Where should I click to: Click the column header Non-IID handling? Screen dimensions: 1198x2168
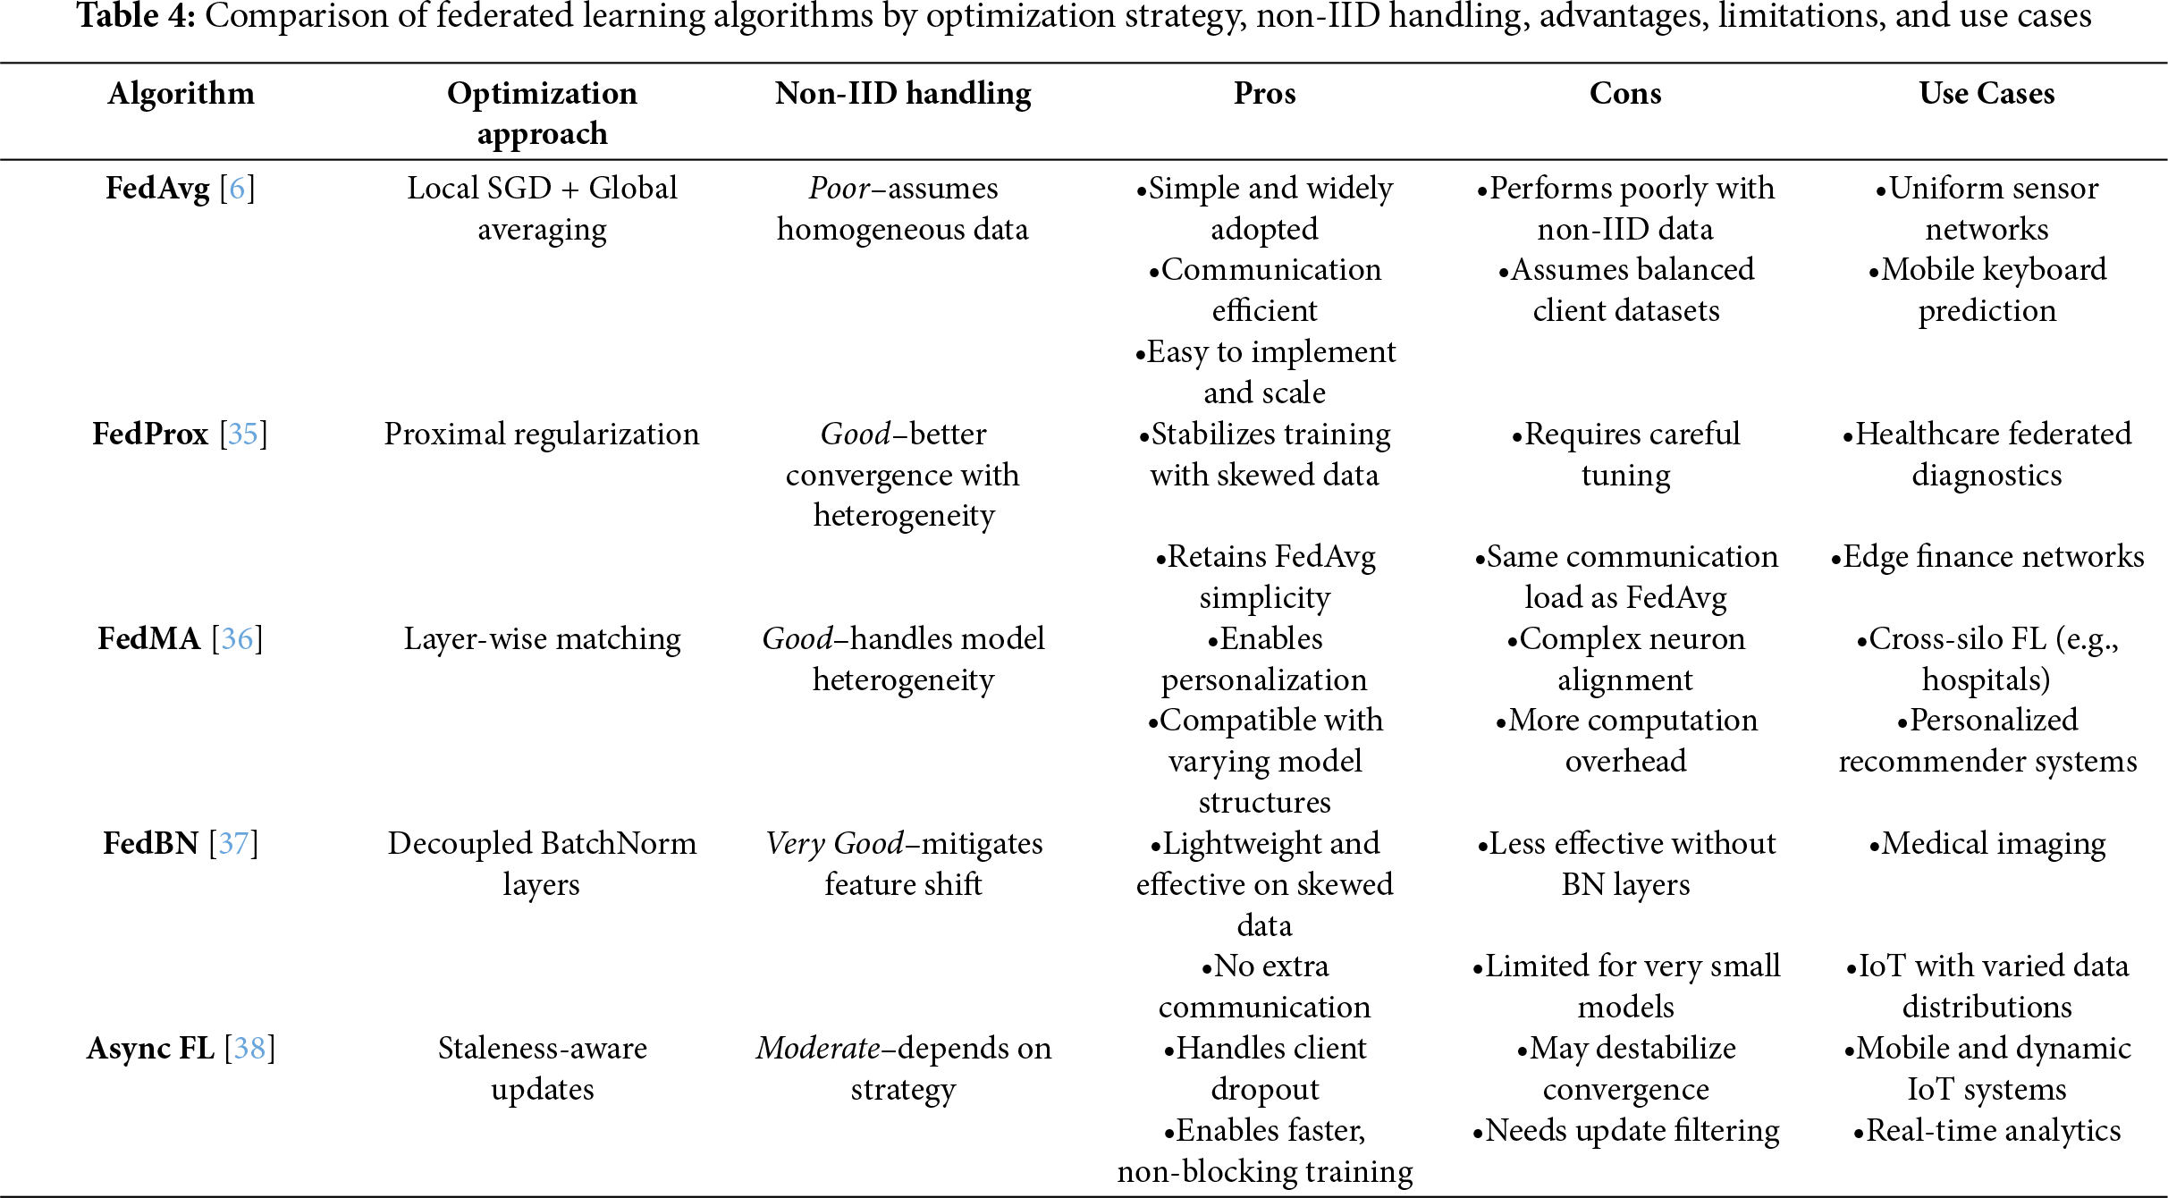coord(903,94)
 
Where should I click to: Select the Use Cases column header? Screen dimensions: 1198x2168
coord(1987,94)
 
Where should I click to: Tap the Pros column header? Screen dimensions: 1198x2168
coord(1264,94)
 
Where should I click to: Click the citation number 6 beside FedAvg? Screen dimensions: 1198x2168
coord(237,189)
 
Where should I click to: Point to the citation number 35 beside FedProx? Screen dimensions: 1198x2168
coord(243,434)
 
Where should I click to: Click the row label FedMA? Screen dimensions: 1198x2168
coord(148,639)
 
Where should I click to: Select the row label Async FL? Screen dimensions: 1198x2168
coord(150,1049)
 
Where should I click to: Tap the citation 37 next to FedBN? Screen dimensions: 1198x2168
coord(233,844)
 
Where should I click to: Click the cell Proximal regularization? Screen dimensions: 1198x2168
coord(542,434)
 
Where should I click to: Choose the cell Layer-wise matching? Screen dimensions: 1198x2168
coord(542,639)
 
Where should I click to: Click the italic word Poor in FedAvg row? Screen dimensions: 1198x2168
coord(839,189)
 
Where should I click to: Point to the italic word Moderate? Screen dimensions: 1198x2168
coord(818,1049)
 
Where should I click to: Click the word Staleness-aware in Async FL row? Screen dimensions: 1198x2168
coord(542,1049)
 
